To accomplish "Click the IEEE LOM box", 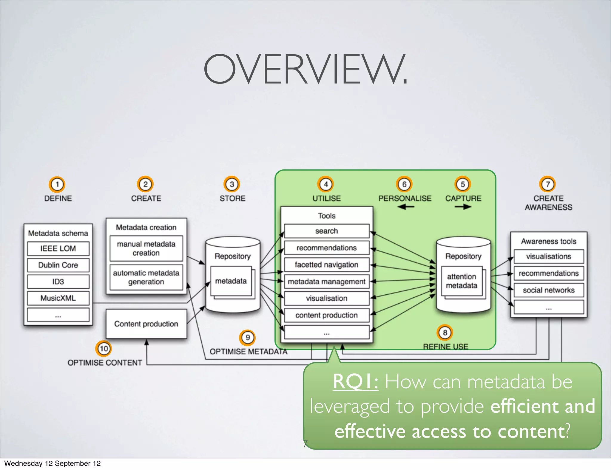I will coord(58,248).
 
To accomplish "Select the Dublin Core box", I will coord(58,265).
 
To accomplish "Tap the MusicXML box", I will coord(58,298).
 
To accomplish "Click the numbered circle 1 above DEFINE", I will coord(57,184).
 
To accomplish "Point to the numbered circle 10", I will coord(104,348).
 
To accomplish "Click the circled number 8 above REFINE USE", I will coord(445,333).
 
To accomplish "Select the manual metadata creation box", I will coord(146,248).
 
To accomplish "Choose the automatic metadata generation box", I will coord(146,277).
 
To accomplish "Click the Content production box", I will coord(146,324).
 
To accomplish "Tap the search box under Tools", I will coord(327,231).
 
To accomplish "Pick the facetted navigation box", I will coord(327,265).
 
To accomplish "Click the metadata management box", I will coord(327,282).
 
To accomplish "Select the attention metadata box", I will coord(462,281).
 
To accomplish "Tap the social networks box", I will coord(549,290).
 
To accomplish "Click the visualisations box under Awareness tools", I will coord(549,256).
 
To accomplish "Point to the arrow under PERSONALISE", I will coord(405,207).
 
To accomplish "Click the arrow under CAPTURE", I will coord(463,207).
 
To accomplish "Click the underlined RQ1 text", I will coord(355,381).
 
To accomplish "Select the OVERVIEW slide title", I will coord(305,69).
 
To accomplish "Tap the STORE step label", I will coord(232,198).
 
